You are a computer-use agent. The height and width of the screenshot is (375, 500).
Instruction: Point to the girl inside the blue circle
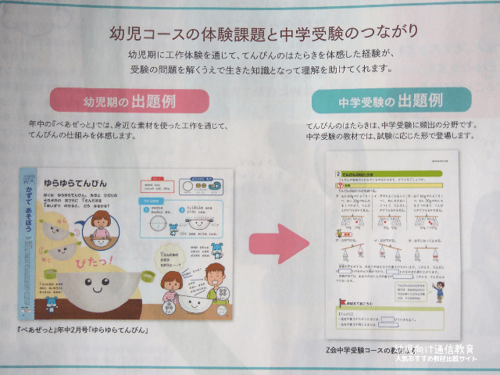pos(102,225)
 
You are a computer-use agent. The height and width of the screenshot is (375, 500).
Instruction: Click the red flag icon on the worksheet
pos(341,301)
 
